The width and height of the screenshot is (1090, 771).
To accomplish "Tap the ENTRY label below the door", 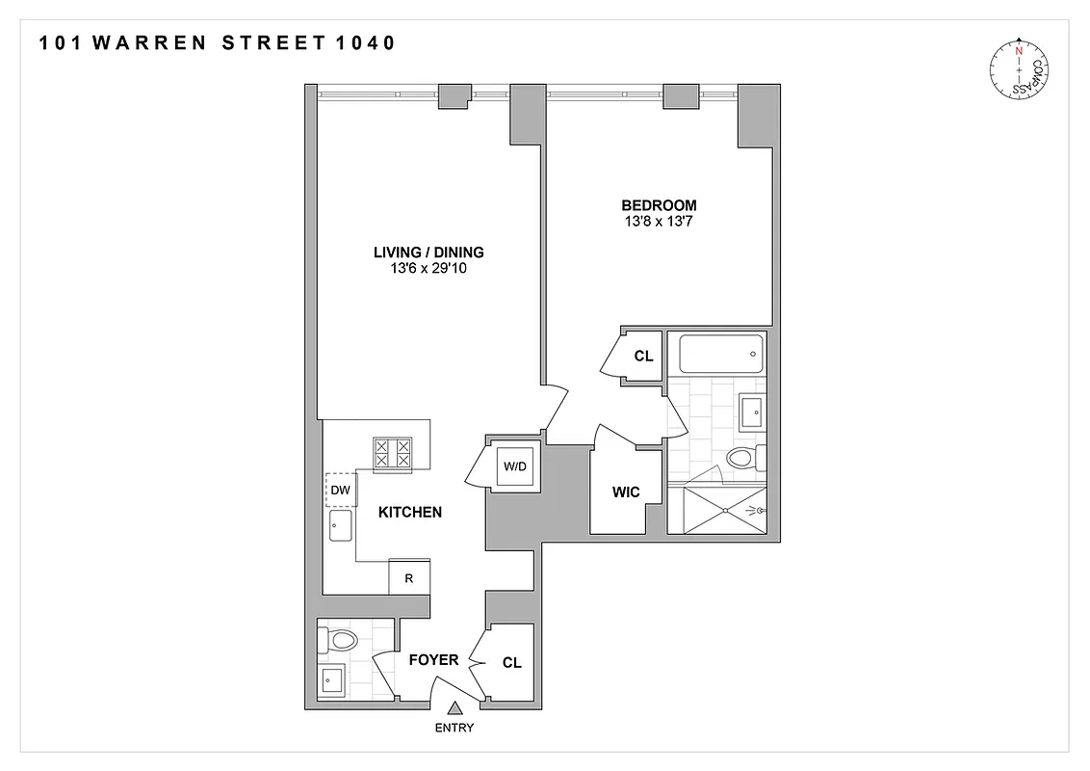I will point(454,728).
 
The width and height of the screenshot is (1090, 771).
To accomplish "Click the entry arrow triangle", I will point(454,708).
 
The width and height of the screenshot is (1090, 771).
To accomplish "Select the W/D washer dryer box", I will point(516,467).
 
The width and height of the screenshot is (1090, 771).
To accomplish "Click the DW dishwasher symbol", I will point(341,490).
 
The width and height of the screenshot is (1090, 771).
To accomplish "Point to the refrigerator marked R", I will point(409,578).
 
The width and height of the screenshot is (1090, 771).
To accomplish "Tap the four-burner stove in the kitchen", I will point(393,453).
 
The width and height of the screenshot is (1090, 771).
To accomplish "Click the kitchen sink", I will point(341,525).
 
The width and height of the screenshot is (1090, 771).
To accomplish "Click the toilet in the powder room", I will point(340,638).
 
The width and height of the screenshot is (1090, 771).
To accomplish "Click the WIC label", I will point(626,492).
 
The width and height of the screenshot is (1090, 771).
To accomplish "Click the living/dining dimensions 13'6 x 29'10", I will point(428,269).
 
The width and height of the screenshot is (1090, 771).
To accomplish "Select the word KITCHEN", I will point(409,513).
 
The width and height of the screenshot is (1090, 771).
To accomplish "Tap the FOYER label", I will point(433,660).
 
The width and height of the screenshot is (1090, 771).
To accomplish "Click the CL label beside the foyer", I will point(511,663).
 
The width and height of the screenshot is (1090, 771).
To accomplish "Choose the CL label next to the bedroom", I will point(643,357).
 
